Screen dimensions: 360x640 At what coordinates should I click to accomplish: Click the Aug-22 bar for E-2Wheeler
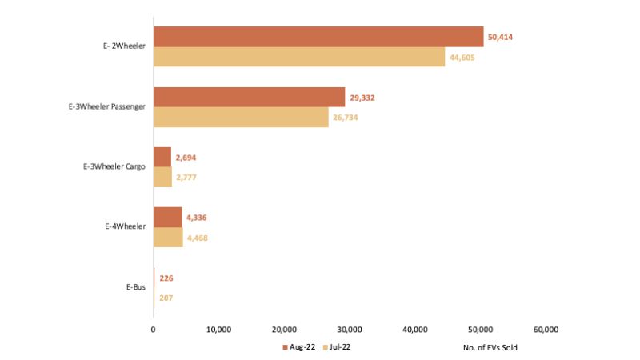click(x=318, y=37)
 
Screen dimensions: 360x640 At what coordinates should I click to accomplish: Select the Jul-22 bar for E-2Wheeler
click(x=299, y=57)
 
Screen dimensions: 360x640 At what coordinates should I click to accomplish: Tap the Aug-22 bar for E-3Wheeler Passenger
click(x=249, y=98)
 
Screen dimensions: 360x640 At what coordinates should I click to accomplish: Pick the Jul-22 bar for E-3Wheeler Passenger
click(x=241, y=117)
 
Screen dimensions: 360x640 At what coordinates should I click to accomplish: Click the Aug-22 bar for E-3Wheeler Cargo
click(x=162, y=157)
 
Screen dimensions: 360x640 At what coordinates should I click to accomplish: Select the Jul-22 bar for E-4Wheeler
click(x=168, y=238)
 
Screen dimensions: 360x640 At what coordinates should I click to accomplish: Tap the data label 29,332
click(x=362, y=98)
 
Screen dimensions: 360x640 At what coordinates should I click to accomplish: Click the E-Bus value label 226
click(x=166, y=278)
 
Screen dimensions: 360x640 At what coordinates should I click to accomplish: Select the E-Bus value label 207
click(x=166, y=298)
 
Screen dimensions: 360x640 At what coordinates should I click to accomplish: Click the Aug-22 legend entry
click(x=301, y=346)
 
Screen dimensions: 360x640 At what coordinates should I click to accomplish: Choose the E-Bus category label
click(x=135, y=287)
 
